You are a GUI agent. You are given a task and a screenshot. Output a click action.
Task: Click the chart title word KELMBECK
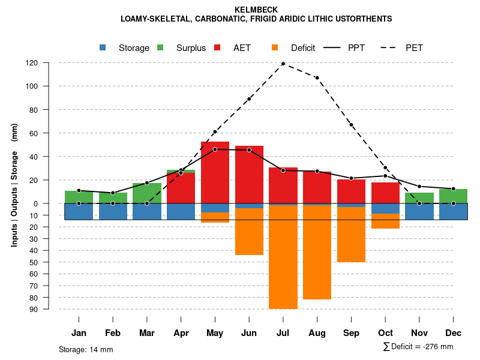[x=256, y=10]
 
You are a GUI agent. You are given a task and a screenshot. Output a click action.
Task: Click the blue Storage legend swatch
[x=103, y=47]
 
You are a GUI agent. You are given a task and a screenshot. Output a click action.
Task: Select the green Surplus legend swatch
[x=160, y=47]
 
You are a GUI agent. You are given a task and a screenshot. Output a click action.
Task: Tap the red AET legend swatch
[x=217, y=47]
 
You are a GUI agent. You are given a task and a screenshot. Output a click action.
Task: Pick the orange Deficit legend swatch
[x=275, y=47]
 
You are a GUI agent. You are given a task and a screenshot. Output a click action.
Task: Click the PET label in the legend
[x=414, y=47]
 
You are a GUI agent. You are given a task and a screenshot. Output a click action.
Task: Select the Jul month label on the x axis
[x=283, y=333]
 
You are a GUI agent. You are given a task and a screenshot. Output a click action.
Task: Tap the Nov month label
[x=419, y=333]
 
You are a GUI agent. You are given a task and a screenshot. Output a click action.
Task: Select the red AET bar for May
[x=215, y=177]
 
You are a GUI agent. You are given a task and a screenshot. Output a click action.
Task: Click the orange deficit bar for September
[x=351, y=235]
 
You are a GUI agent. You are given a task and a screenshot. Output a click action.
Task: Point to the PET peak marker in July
[x=283, y=64]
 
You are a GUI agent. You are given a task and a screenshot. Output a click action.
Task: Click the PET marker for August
[x=317, y=77]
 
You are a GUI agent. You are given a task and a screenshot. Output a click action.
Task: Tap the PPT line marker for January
[x=79, y=191]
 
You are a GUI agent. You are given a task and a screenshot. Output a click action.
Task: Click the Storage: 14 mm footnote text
[x=86, y=349]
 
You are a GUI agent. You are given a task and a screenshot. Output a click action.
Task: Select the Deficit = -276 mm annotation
[x=418, y=347]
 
